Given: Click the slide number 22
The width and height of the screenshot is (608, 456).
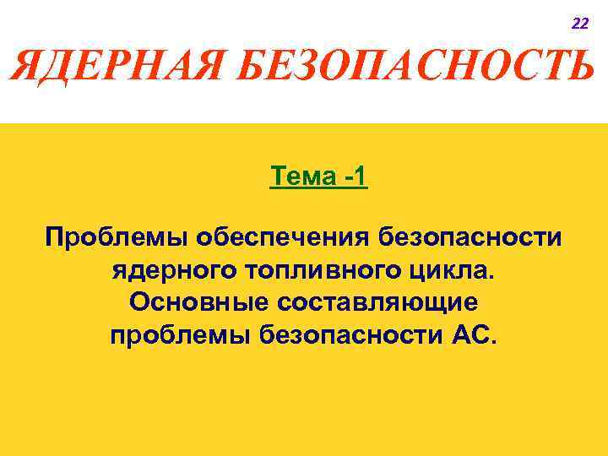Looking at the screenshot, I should tap(580, 24).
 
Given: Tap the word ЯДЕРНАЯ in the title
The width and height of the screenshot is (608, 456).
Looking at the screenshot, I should tap(117, 66).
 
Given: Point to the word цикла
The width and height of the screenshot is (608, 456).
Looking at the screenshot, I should tap(453, 270).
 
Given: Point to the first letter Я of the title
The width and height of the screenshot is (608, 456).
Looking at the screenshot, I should tap(27, 66).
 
